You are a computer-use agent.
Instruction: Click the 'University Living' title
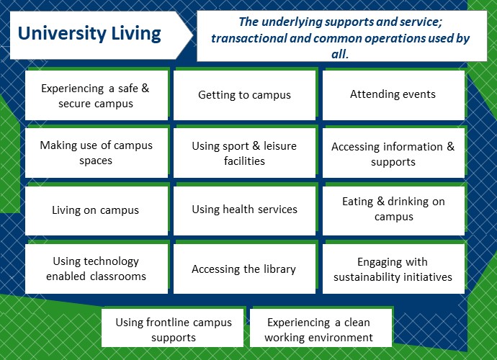coord(89,34)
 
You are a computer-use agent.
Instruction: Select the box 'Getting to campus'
coord(244,95)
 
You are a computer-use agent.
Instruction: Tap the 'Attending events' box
coord(393,95)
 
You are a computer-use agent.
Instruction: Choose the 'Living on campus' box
coord(97,211)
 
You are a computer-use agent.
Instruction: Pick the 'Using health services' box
coord(244,211)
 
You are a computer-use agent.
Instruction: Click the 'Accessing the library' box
coord(244,269)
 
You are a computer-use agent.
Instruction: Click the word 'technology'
coord(109,261)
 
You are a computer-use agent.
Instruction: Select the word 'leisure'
coord(280,145)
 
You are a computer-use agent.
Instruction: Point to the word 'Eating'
coord(357,202)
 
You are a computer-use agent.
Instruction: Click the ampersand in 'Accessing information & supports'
coord(451,146)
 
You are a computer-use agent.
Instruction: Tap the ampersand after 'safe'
coord(145,88)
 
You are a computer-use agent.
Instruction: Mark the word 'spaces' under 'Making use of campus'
coord(96,161)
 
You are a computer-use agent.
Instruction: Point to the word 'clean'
coord(357,323)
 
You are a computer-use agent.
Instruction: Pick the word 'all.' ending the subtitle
coord(340,54)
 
